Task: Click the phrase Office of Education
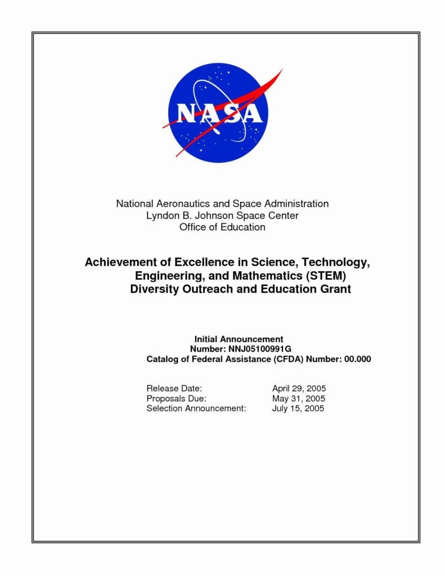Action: (x=222, y=227)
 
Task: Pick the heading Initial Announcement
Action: (x=239, y=339)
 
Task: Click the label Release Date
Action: (x=174, y=389)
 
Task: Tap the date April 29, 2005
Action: (x=299, y=389)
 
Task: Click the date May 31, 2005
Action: (x=298, y=399)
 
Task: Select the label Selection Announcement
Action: (x=196, y=408)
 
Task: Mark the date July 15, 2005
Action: (x=298, y=408)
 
